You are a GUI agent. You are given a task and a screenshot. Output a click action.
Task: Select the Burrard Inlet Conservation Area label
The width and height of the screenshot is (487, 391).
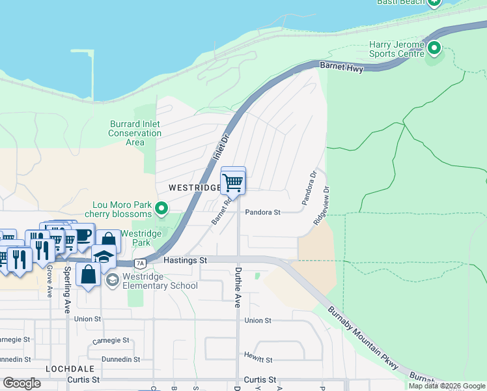tap(135, 133)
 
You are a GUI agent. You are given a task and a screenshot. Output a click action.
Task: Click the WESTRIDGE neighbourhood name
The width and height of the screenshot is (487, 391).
tap(193, 188)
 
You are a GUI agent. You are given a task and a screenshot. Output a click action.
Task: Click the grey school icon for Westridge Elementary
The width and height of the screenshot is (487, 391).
tap(112, 280)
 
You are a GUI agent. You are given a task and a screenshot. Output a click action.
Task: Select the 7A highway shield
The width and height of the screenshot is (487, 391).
tap(140, 263)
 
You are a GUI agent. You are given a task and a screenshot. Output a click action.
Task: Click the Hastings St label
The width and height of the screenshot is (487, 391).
tap(185, 260)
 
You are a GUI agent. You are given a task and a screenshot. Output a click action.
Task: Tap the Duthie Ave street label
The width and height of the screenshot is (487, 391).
tap(238, 286)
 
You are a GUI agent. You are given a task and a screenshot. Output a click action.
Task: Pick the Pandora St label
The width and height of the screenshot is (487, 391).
tap(262, 212)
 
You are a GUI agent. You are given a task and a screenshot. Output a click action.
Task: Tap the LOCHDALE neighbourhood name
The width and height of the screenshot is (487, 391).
tap(66, 369)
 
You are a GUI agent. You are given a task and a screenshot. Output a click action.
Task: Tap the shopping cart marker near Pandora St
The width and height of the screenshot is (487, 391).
tap(233, 183)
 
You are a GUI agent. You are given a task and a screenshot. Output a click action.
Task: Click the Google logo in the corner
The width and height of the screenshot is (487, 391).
tap(21, 383)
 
